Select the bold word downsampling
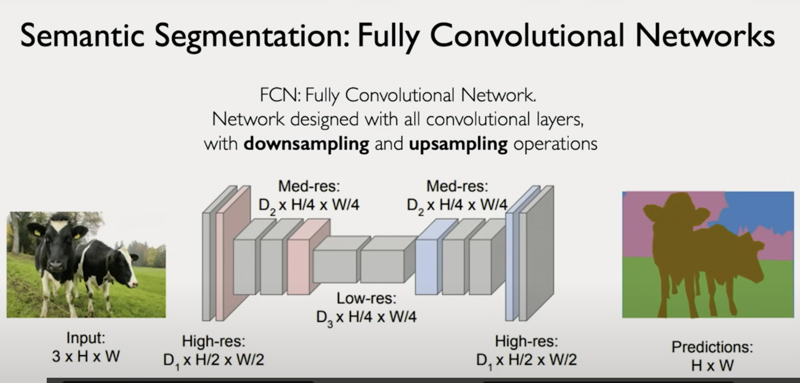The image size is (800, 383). pos(306,144)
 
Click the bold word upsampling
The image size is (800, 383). pos(458,144)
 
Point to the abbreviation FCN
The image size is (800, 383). pos(280,95)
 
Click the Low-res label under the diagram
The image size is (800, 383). pos(366,298)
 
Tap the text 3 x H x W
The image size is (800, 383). pos(86,356)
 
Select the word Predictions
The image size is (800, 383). pos(712,347)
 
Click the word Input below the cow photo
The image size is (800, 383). pos(86,337)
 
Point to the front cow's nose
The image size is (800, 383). pos(56,266)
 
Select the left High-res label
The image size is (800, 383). pos(213,341)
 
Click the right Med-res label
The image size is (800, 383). pos(457,186)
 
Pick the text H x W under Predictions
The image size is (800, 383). pos(712,365)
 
